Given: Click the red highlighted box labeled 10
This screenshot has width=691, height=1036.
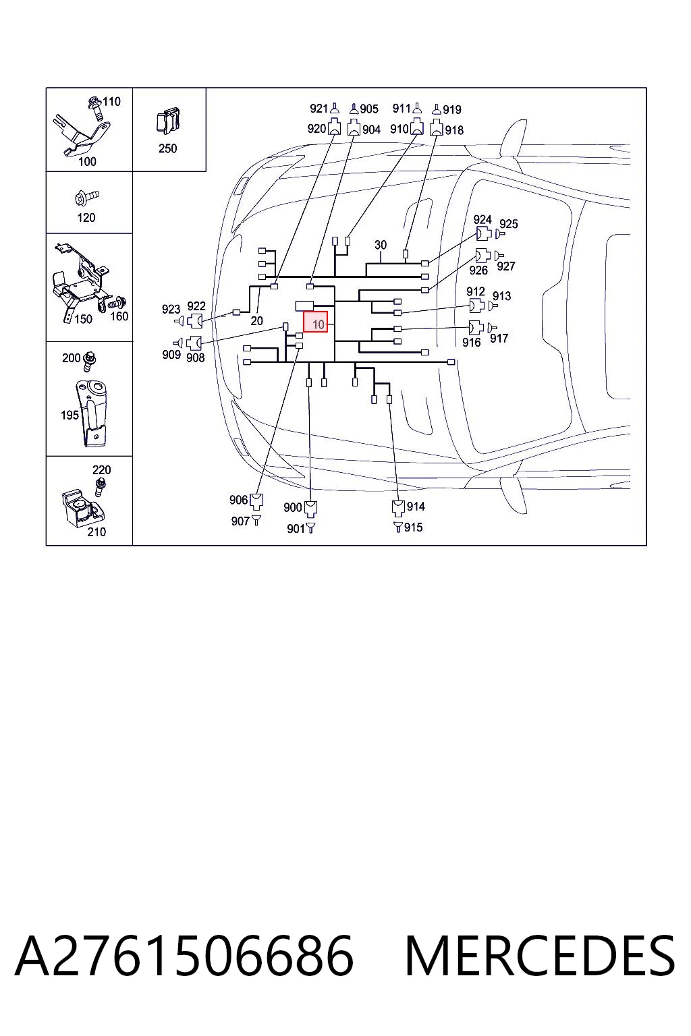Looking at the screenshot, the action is click(315, 322).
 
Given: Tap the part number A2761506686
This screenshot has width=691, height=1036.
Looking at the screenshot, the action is click(184, 956).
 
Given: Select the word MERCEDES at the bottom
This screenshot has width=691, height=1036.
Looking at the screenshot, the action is click(540, 956).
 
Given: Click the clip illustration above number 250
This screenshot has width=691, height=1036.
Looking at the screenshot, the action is click(168, 120).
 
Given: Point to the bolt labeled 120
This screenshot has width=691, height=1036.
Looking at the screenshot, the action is click(87, 198).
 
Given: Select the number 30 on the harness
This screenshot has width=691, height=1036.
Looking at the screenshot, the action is click(381, 245).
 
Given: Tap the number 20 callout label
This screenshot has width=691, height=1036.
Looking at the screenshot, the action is click(256, 320).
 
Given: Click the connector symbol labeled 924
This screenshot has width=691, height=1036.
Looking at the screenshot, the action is click(483, 233).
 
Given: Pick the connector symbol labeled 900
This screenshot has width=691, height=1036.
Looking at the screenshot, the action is click(310, 509).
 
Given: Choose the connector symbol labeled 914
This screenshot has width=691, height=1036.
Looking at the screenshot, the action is click(398, 508).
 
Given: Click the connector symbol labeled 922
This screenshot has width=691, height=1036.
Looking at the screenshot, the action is click(195, 320).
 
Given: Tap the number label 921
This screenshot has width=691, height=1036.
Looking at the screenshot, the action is click(319, 108).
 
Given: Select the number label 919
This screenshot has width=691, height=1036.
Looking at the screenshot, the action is click(452, 110).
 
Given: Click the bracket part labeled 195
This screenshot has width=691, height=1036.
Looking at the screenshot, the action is click(92, 413).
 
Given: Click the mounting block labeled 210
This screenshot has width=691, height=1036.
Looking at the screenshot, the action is click(83, 508).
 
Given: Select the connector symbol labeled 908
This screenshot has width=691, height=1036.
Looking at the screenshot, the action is click(194, 343).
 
